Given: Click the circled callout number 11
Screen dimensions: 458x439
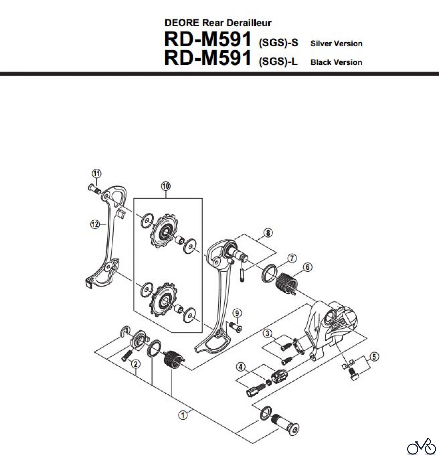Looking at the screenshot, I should [x=96, y=174].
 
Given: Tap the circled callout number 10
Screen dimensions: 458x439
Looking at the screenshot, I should [x=166, y=186].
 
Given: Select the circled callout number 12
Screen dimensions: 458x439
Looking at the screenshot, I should [x=95, y=224].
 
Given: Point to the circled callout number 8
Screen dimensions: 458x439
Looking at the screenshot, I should [x=268, y=232].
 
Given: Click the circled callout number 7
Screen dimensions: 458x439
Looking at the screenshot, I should [x=292, y=259].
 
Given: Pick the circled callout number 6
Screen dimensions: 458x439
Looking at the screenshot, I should [x=308, y=267].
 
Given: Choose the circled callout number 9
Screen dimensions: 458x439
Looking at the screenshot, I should [x=237, y=313].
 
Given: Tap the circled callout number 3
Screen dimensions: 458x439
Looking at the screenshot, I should [x=267, y=333].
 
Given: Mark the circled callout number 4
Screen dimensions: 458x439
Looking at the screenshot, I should [x=241, y=367].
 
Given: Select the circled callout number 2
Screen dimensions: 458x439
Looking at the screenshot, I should [x=136, y=364].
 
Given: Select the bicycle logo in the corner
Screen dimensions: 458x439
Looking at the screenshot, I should [x=421, y=446].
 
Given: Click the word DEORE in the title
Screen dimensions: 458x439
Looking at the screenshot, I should [x=182, y=23].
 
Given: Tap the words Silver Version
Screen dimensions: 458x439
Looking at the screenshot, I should [x=336, y=44].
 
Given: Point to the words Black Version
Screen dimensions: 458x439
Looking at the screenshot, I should [x=336, y=62].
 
